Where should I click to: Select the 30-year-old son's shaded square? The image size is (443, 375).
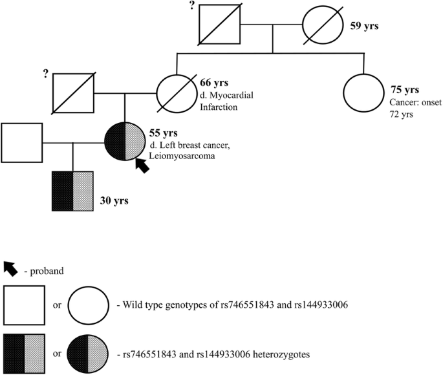point(73,191)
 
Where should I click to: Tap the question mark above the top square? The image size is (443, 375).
point(192,7)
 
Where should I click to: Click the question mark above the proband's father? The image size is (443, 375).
point(45,74)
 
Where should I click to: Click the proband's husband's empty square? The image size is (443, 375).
point(21,142)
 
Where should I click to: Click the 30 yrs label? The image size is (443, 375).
point(112,201)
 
